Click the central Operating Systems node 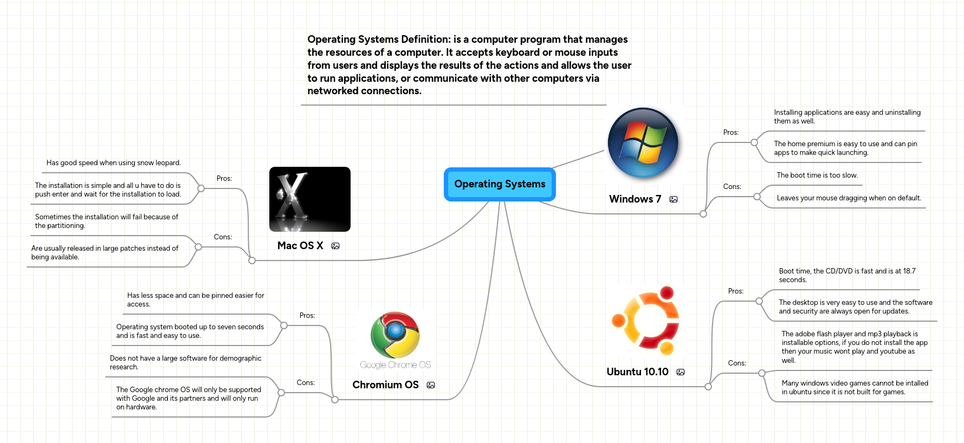tap(499, 184)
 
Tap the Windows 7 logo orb tap(643, 143)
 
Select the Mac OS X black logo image tap(309, 199)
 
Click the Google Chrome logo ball tap(395, 334)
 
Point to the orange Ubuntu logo tap(645, 320)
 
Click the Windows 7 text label tap(635, 199)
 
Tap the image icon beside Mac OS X tap(335, 246)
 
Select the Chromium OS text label tap(385, 385)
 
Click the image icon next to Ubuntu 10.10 tap(681, 372)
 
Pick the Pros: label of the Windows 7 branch tap(730, 132)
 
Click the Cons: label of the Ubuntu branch tap(736, 363)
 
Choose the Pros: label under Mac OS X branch tap(224, 178)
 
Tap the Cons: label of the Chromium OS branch tap(306, 382)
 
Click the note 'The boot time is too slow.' tap(817, 175)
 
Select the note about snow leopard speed tap(113, 162)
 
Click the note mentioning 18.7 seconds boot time tap(846, 275)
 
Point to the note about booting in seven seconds tap(190, 331)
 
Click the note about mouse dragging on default tap(848, 198)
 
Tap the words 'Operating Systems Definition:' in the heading tap(379, 39)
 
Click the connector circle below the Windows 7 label tap(703, 214)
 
